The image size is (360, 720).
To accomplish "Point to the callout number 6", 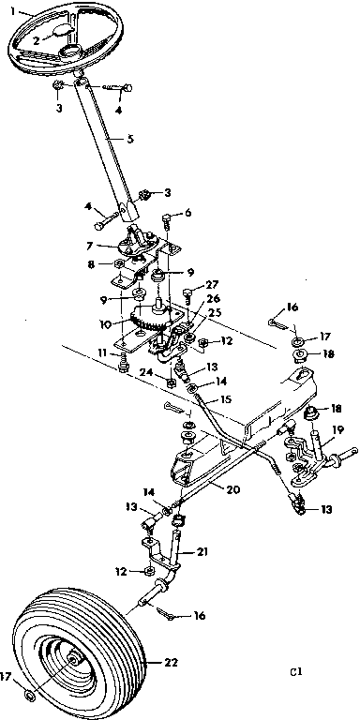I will point(187,213).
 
